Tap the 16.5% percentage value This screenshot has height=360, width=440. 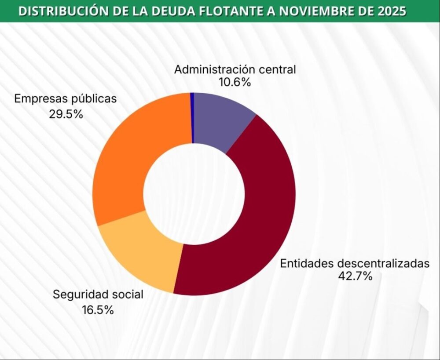[x=98, y=309]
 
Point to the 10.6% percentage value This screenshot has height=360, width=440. [x=235, y=82]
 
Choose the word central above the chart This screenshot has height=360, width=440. [x=277, y=69]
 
